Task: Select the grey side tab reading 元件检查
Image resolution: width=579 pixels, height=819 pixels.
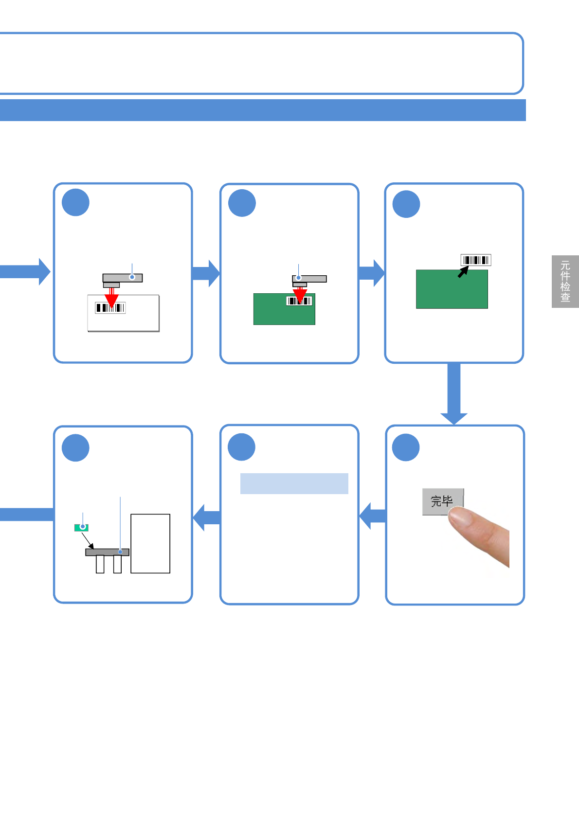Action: pos(565,281)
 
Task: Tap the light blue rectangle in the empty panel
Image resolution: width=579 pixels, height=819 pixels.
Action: pos(294,483)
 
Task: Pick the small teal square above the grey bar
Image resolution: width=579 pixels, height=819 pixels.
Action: pos(81,527)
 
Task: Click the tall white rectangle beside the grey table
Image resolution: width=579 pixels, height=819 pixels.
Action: pos(150,543)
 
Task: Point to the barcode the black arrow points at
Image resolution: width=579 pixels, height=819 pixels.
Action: pos(476,260)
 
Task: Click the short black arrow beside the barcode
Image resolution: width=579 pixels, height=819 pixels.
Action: pos(463,272)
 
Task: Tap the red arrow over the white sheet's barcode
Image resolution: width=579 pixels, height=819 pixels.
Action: pos(111,299)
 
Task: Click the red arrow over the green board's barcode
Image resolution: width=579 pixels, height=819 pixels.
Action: pos(300,295)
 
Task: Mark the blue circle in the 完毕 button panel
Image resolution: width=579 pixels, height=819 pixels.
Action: pos(406,447)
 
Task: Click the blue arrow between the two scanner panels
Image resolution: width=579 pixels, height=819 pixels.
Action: pos(206,273)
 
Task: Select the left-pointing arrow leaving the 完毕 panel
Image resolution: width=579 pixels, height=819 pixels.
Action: pos(372,516)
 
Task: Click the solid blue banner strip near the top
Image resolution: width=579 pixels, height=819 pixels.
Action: pos(263,110)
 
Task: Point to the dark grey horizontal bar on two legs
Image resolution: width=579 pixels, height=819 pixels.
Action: pos(107,552)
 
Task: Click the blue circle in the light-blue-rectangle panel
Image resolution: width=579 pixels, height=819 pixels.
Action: pos(242,447)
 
